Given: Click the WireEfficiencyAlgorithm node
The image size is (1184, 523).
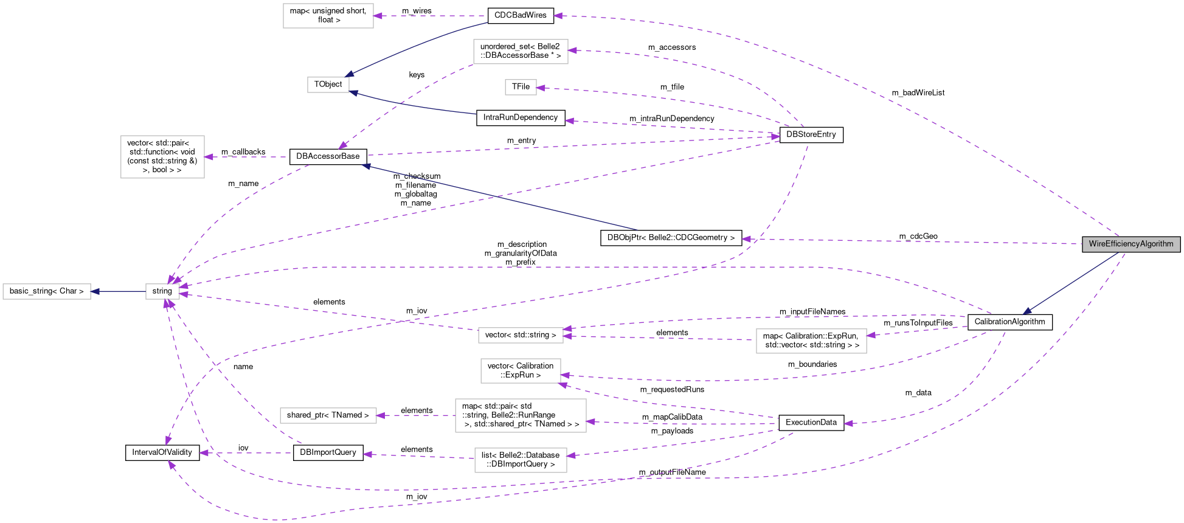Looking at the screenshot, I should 1130,244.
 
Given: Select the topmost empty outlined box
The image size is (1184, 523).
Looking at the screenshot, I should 328,16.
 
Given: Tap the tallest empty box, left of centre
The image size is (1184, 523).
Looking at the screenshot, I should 162,157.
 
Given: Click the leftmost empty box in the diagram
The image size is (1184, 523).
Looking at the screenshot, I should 47,292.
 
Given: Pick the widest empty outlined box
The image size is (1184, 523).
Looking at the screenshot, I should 521,416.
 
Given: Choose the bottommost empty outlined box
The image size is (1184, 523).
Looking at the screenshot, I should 521,460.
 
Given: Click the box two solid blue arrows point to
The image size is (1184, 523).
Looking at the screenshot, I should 328,85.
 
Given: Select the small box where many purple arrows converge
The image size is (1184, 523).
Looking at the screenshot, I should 162,292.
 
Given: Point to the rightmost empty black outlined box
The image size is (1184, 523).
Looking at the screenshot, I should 811,341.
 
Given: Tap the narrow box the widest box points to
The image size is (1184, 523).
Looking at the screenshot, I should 328,416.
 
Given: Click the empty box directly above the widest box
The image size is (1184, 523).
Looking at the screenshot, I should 521,371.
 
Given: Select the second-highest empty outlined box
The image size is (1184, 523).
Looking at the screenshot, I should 521,52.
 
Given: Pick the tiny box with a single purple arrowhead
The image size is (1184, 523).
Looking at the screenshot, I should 521,88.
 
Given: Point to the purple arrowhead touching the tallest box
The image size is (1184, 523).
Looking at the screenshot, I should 209,157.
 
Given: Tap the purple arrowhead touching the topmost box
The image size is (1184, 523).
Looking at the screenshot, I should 378,16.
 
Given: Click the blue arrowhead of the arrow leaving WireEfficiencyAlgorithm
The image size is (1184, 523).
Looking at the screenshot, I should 1027,311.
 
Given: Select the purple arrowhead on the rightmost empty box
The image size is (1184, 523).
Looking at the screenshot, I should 871,335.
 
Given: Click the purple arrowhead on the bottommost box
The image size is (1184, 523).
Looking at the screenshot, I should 571,455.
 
